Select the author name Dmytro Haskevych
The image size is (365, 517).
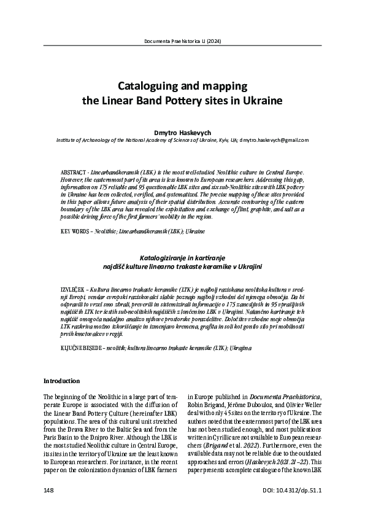pyautogui.click(x=182, y=131)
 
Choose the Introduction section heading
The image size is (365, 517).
pyautogui.click(x=62, y=381)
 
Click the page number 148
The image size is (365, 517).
pyautogui.click(x=49, y=491)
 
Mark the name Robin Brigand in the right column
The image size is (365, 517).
pyautogui.click(x=209, y=406)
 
